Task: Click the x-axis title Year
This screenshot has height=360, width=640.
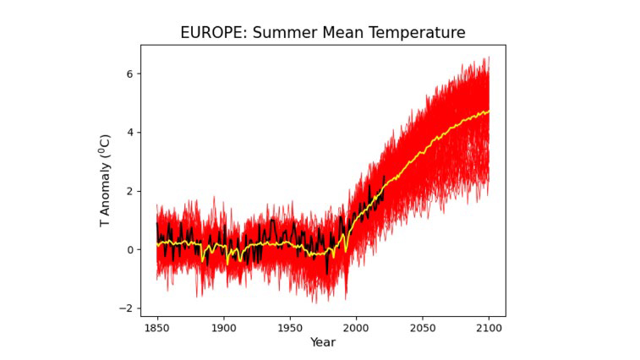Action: [x=322, y=342]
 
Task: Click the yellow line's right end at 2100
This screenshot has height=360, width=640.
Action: [x=489, y=111]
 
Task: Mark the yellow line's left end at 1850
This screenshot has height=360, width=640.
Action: [x=157, y=244]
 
